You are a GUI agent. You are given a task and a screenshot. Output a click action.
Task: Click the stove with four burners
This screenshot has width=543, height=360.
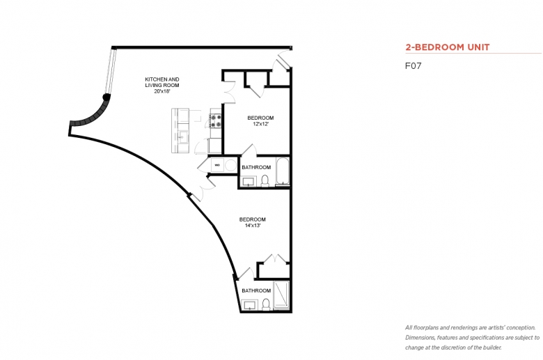coord(216,120)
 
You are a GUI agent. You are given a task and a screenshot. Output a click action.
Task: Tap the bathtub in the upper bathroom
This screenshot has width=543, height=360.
coord(283,171)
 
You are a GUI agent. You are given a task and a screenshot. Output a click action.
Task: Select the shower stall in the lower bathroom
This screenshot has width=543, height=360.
coord(281,295)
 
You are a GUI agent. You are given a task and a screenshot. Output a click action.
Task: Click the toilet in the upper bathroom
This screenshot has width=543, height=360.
coord(265,181)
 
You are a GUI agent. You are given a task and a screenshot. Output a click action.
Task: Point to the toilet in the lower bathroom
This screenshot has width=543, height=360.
coord(266,304)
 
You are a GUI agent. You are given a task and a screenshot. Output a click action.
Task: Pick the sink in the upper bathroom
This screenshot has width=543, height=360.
coord(249,181)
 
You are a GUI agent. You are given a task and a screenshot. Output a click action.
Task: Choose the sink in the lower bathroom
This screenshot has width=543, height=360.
coord(249,305)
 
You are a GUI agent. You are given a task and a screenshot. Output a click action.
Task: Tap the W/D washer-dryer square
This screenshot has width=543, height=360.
coord(217,165)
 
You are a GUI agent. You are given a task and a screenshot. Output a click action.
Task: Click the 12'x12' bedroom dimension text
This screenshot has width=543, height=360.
coord(261,124)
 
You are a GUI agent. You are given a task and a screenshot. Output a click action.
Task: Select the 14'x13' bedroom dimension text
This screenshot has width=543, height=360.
coord(253,226)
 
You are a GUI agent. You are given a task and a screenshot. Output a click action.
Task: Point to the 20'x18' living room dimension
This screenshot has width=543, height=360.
coord(162,91)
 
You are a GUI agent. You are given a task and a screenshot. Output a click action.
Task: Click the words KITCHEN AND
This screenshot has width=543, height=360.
coord(162,79)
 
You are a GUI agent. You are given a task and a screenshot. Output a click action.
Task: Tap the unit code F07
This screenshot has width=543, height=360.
coord(413,66)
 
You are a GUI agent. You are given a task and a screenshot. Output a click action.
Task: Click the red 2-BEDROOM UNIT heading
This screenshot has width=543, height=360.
coord(448,47)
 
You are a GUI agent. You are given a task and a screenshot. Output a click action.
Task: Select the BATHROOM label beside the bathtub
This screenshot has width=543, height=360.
coord(256,167)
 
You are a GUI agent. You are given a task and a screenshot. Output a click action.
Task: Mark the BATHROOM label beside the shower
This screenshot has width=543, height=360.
coord(256,290)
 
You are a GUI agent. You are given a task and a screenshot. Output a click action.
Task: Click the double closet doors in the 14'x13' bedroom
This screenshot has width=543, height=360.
coord(275,258)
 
